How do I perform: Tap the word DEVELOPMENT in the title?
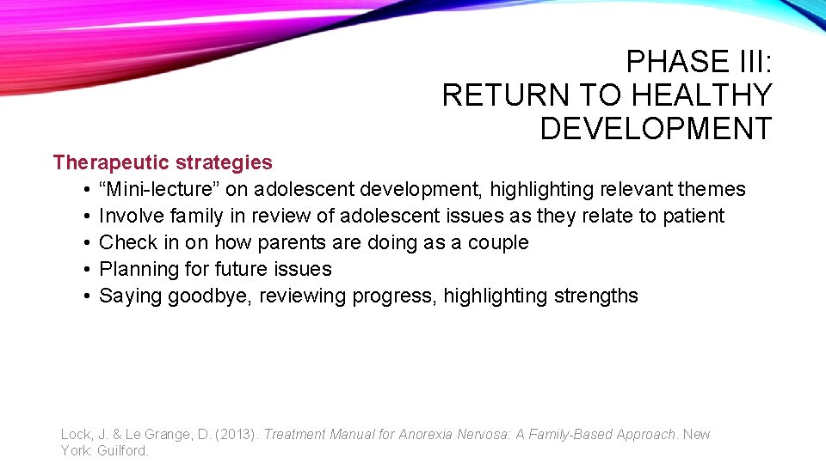pyautogui.click(x=656, y=129)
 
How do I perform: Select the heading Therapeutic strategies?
pyautogui.click(x=163, y=162)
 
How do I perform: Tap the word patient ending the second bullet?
pyautogui.click(x=693, y=216)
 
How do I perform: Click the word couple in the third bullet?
pyautogui.click(x=498, y=242)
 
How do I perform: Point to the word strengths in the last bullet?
pyautogui.click(x=595, y=296)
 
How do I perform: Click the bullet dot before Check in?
pyautogui.click(x=89, y=243)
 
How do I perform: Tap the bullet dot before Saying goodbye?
pyautogui.click(x=89, y=296)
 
